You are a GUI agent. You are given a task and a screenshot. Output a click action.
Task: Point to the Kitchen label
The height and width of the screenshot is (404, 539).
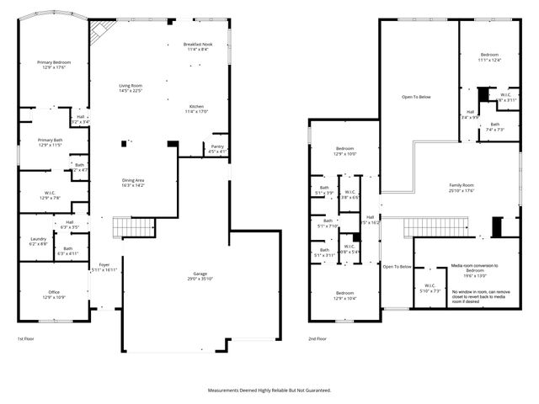[196, 109]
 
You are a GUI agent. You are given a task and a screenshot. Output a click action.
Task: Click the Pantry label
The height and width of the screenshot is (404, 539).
[217, 148]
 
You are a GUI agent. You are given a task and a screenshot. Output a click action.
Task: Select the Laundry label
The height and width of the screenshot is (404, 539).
[38, 241]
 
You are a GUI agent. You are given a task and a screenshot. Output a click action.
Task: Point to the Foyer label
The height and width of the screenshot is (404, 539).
[104, 267]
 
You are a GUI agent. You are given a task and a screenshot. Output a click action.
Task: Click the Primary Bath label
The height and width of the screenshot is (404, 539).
[51, 142]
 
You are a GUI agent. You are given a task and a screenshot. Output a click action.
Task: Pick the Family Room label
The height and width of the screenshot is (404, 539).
[461, 188]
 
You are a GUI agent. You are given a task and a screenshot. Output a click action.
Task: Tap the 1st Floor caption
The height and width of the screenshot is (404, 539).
[27, 338]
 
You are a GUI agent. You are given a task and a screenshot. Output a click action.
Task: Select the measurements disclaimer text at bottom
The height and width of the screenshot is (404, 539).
[269, 391]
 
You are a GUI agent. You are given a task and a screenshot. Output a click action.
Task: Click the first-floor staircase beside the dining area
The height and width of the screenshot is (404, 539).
[134, 226]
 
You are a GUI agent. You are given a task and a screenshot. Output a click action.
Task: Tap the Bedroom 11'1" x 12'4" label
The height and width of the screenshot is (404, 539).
[489, 57]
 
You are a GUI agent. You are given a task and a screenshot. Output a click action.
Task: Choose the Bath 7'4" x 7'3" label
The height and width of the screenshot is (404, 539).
[494, 127]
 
